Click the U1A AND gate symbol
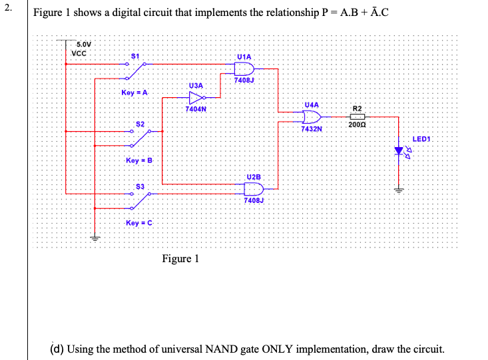245,69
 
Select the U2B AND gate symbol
254,189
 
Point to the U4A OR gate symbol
311,117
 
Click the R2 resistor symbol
358,116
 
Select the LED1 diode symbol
399,152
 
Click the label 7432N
311,129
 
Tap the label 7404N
196,108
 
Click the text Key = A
134,92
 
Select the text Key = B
139,160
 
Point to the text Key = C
139,222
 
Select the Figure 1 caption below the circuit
180,258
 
